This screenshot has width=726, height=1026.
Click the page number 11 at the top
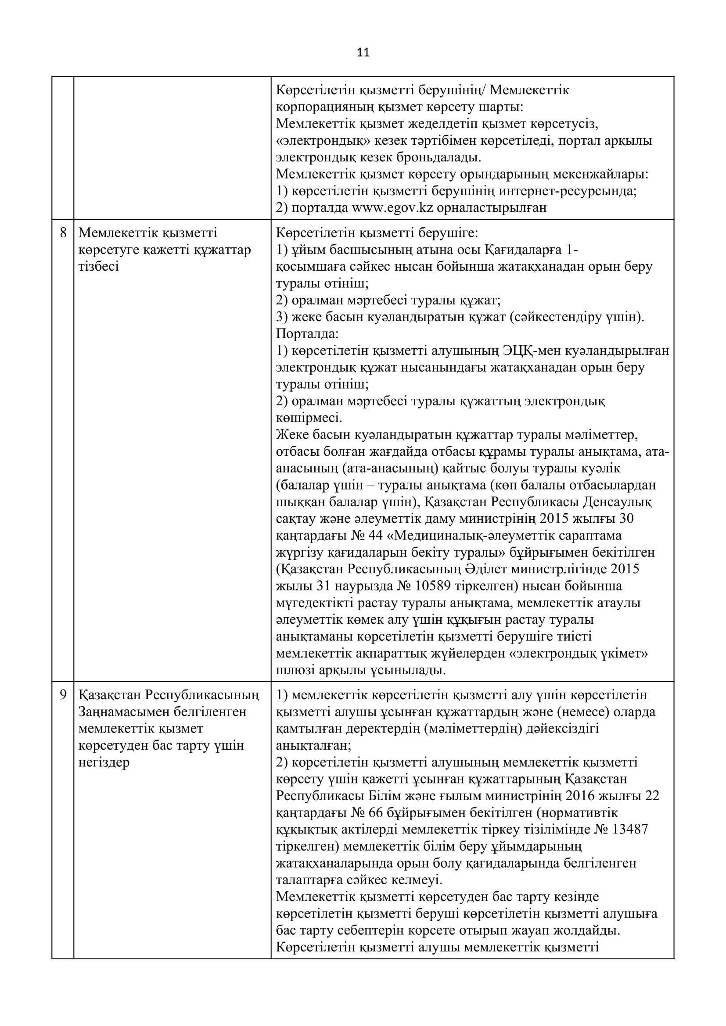tap(363, 53)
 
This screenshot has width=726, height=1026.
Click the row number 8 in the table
tap(63, 232)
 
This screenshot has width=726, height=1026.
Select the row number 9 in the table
tap(63, 695)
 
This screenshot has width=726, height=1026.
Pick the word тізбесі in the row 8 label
tap(98, 267)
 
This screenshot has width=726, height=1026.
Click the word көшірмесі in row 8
tap(309, 418)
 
